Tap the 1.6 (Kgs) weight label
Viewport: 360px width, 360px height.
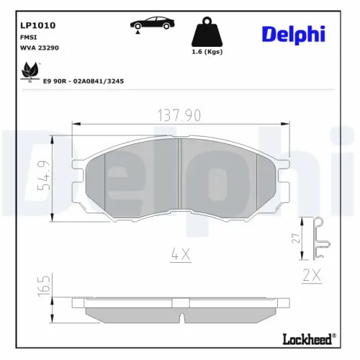[x=207, y=53]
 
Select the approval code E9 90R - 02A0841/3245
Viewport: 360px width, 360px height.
[x=84, y=81]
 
